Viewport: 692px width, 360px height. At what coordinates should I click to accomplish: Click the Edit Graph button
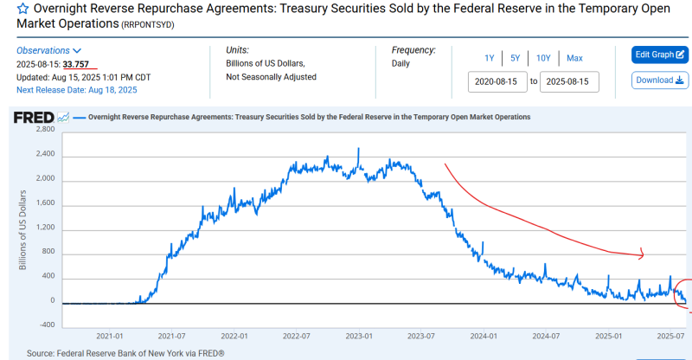tap(660, 55)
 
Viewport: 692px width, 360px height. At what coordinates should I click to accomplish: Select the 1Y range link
tap(489, 58)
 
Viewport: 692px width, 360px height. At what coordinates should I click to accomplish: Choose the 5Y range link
tap(515, 58)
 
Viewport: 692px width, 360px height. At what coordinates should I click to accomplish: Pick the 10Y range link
tap(543, 58)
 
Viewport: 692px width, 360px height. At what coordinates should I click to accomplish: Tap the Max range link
tap(574, 58)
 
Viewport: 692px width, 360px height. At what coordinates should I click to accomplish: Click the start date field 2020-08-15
tap(497, 81)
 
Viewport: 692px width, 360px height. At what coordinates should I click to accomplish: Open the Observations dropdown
tap(49, 51)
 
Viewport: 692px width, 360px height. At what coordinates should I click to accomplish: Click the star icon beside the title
tap(10, 9)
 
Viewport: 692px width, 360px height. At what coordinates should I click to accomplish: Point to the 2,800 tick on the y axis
tap(43, 129)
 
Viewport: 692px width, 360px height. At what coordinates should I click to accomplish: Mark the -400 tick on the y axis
tap(45, 325)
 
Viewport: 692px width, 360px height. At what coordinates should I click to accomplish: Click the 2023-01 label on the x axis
tap(358, 336)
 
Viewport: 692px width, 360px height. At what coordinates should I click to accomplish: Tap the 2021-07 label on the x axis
tap(171, 336)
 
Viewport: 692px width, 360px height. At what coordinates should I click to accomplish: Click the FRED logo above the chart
tap(33, 117)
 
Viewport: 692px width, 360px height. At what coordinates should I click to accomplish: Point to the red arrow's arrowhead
tap(642, 254)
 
